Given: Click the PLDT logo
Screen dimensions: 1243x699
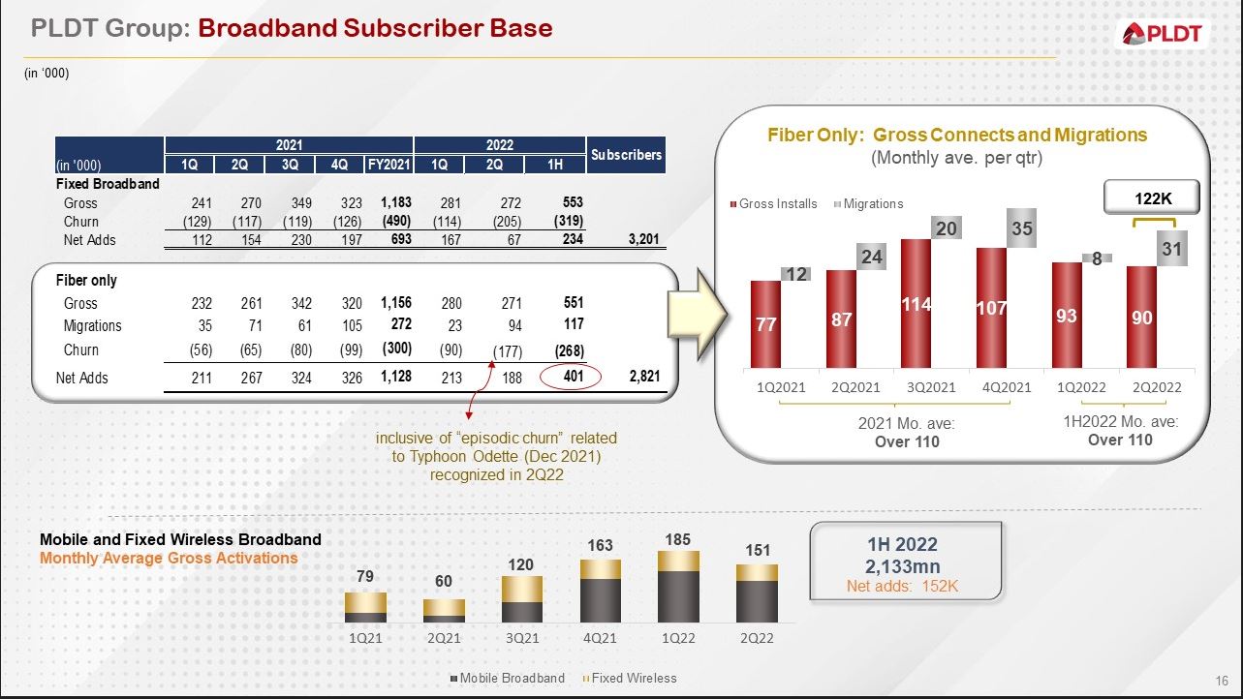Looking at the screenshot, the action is pyautogui.click(x=1162, y=33).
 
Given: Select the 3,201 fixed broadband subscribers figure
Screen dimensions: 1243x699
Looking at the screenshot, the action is pyautogui.click(x=643, y=239).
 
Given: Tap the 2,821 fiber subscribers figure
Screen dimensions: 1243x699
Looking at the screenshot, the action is pyautogui.click(x=644, y=377).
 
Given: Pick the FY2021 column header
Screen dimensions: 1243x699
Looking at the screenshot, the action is pyautogui.click(x=388, y=165).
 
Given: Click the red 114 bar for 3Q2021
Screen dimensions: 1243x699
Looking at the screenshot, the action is pyautogui.click(x=916, y=303).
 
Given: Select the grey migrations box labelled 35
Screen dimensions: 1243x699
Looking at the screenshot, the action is pyautogui.click(x=1021, y=228).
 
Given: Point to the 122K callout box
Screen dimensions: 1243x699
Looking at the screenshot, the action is pyautogui.click(x=1151, y=198).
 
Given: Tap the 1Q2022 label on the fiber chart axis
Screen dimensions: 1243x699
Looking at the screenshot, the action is pyautogui.click(x=1081, y=387).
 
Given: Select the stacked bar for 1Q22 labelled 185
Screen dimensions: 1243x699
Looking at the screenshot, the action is pyautogui.click(x=678, y=587).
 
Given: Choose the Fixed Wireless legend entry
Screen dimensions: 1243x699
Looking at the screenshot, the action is pyautogui.click(x=630, y=678).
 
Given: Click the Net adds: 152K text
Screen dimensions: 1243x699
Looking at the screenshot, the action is pyautogui.click(x=902, y=586).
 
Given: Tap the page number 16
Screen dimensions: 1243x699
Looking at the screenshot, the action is pyautogui.click(x=1222, y=681).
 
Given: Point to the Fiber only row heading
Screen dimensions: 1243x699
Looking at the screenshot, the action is pyautogui.click(x=86, y=281).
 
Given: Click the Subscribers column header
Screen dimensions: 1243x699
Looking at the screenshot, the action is pyautogui.click(x=626, y=155).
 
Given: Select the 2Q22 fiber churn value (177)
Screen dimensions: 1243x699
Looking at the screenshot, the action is pyautogui.click(x=508, y=351).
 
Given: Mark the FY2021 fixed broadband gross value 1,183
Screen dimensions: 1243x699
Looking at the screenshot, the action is pyautogui.click(x=396, y=202).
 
